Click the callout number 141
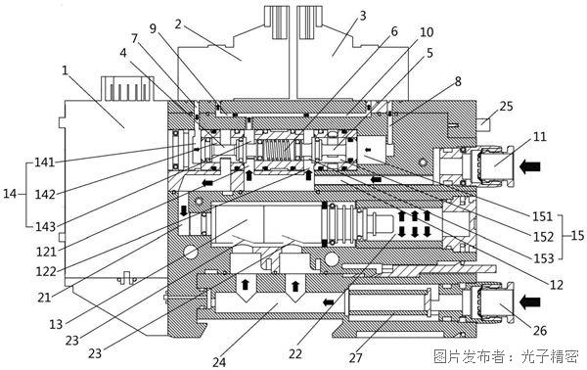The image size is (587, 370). [45, 162]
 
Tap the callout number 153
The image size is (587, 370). [543, 258]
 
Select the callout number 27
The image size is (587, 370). [356, 357]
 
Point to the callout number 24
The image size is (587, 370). [219, 362]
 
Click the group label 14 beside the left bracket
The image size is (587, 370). [10, 194]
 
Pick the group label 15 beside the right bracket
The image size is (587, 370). [577, 235]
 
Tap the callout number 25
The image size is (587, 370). [506, 106]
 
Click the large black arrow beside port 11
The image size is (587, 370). [530, 165]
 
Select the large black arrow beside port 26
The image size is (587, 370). [530, 301]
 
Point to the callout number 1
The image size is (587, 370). [66, 70]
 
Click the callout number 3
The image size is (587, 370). [362, 16]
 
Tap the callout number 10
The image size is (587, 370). [427, 32]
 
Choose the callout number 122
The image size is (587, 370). [46, 271]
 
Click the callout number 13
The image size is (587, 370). [56, 324]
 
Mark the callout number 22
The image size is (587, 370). [295, 353]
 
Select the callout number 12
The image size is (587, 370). [557, 285]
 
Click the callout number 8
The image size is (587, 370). [458, 81]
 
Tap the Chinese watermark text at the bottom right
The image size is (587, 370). [506, 356]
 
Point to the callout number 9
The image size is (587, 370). [153, 28]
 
